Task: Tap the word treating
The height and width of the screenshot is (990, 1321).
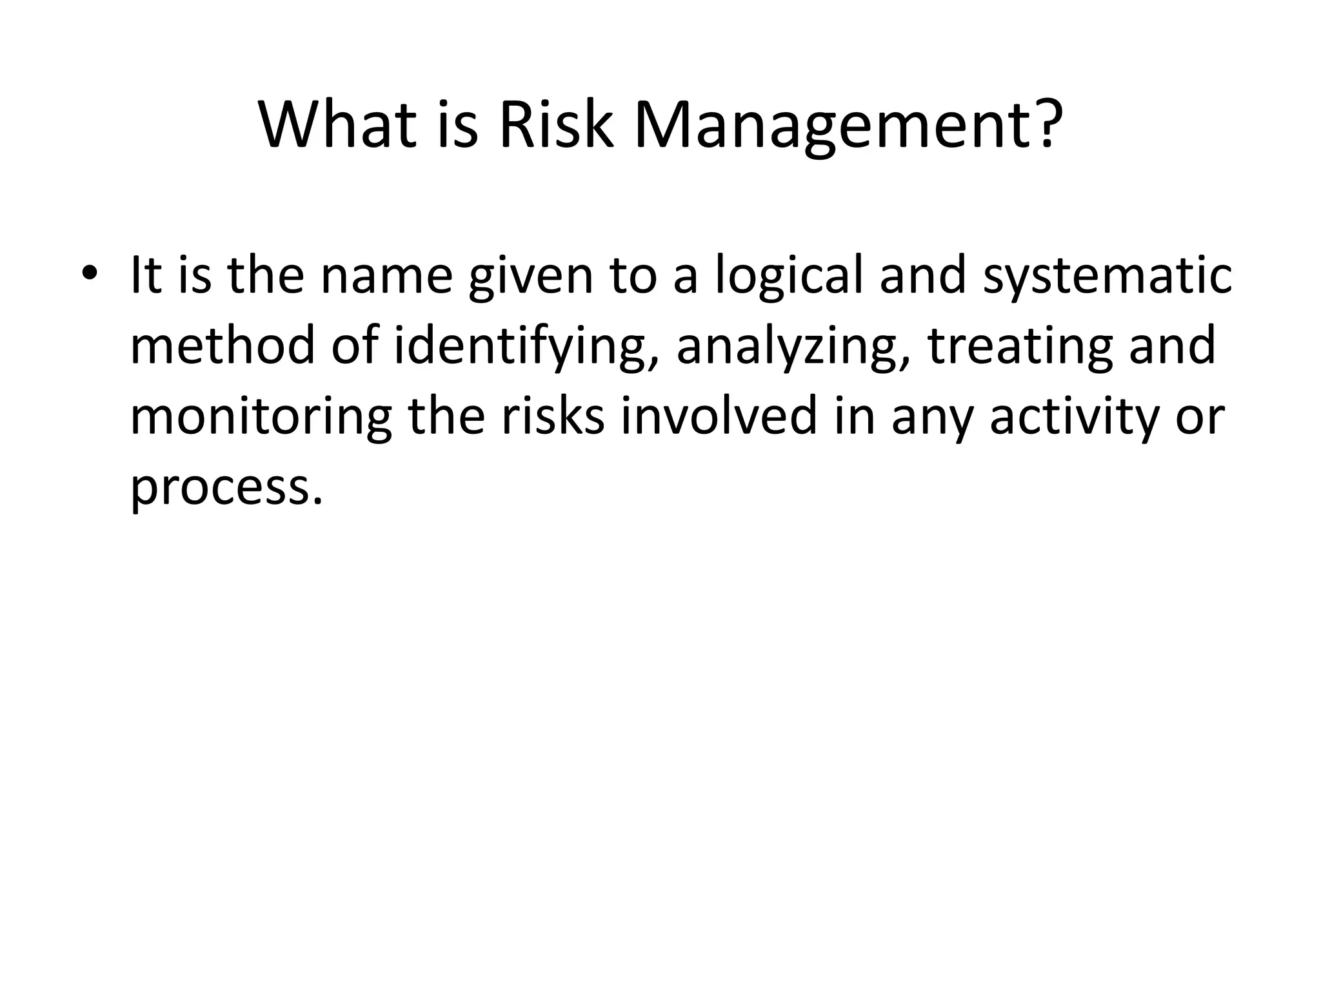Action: [x=1019, y=348]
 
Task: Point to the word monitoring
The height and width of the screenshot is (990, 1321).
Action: [x=261, y=418]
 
